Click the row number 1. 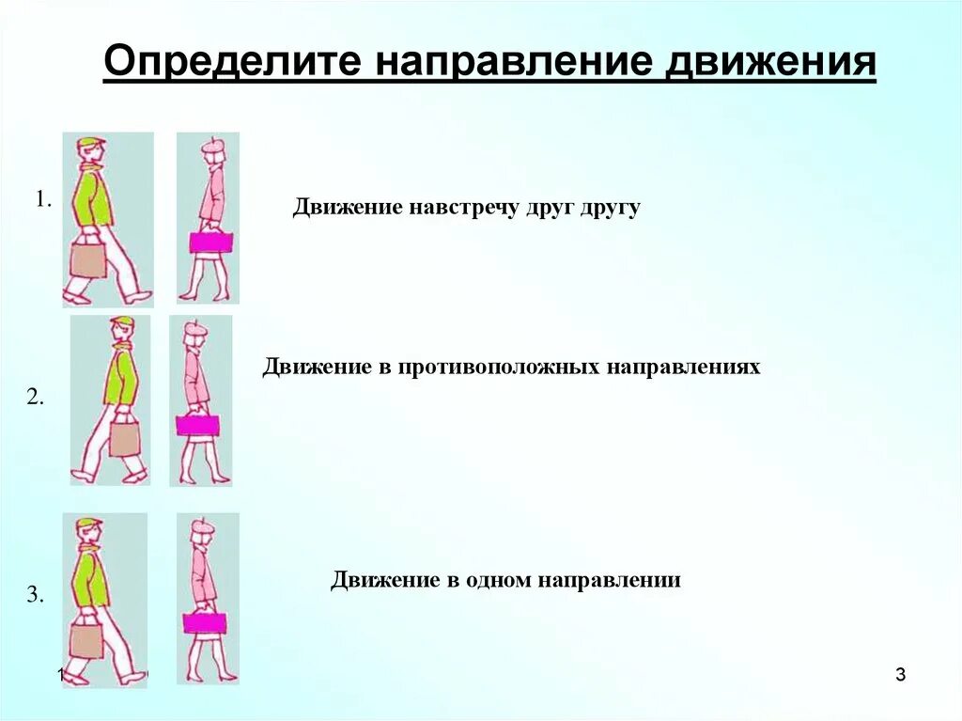(x=42, y=199)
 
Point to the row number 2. (x=35, y=397)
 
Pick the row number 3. (x=35, y=594)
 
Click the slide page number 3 (x=900, y=674)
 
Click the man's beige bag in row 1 (x=87, y=259)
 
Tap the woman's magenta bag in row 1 (x=210, y=242)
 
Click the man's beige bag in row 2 (x=124, y=438)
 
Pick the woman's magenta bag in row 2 (x=197, y=425)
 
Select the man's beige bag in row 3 (x=86, y=640)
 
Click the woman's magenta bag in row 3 (x=205, y=622)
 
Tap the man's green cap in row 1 (x=90, y=144)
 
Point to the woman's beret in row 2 (x=194, y=328)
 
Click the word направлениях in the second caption (x=687, y=367)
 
